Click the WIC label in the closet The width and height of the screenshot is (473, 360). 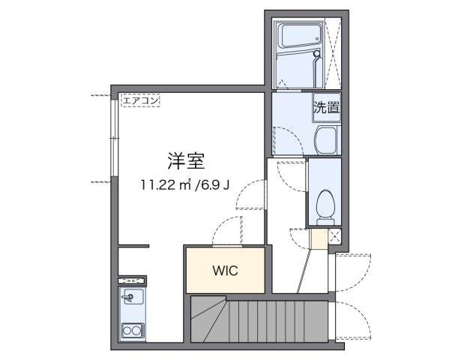(x=225, y=271)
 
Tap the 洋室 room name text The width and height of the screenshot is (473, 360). (x=186, y=160)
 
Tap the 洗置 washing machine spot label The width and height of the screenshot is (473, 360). (x=326, y=107)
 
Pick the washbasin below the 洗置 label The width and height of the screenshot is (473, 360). (x=327, y=139)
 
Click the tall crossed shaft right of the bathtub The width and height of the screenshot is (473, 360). (x=334, y=52)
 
